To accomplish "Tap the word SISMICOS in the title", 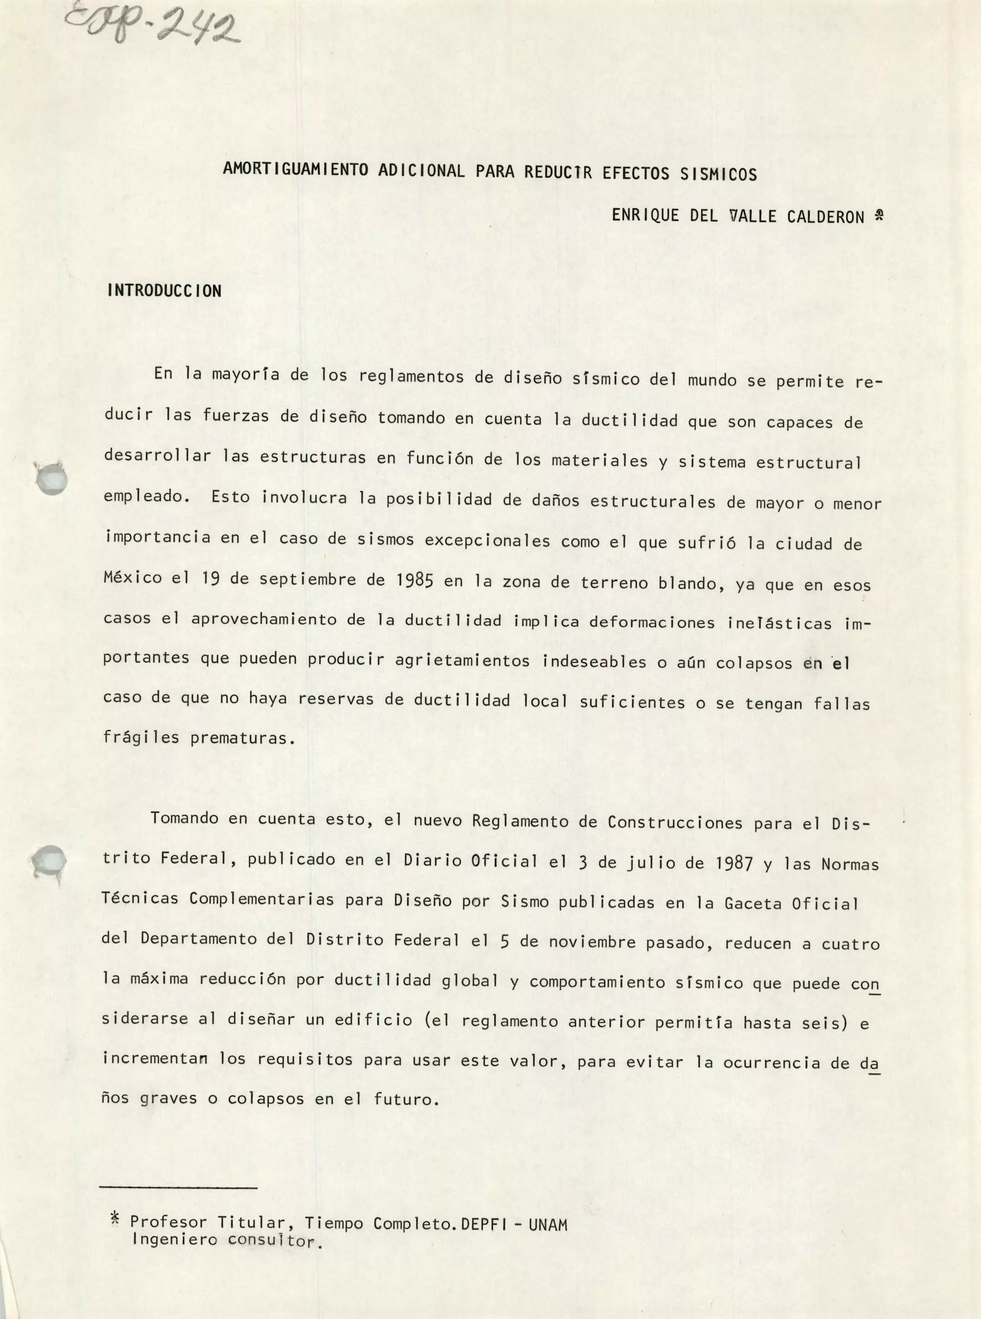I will tap(718, 174).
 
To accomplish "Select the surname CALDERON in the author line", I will tap(825, 216).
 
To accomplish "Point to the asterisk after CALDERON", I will tap(878, 215).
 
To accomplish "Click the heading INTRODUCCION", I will tap(164, 291).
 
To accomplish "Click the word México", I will tap(132, 577).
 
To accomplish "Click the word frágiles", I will tap(141, 738).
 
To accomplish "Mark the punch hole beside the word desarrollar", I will tap(52, 479).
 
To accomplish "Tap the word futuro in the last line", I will tap(406, 1099).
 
